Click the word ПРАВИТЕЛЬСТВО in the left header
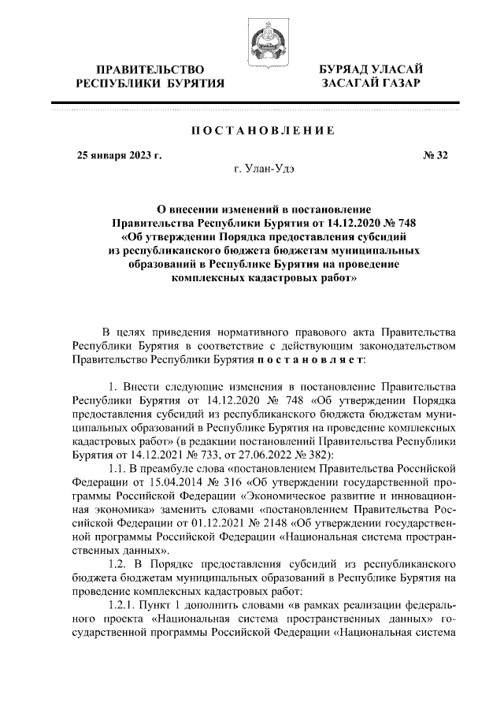click(149, 70)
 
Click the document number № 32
click(435, 154)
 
